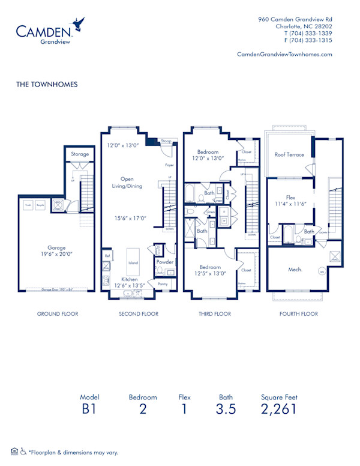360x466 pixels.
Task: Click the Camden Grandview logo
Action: pyautogui.click(x=48, y=33)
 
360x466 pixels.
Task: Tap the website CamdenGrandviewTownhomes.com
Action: pyautogui.click(x=284, y=54)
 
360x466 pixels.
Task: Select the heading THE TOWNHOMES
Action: pyautogui.click(x=47, y=85)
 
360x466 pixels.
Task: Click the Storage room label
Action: pyautogui.click(x=80, y=154)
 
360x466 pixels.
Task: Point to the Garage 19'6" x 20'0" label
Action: pyautogui.click(x=57, y=250)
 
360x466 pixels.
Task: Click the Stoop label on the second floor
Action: pyautogui.click(x=166, y=142)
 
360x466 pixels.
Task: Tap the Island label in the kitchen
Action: pyautogui.click(x=133, y=263)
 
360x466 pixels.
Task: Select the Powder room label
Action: pyautogui.click(x=164, y=262)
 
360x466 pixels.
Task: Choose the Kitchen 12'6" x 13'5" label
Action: pyautogui.click(x=129, y=282)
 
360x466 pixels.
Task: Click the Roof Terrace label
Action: pyautogui.click(x=289, y=154)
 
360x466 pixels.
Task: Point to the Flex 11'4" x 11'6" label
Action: pyautogui.click(x=290, y=200)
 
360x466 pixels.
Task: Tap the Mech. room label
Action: pyautogui.click(x=294, y=270)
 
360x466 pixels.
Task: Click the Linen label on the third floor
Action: pyautogui.click(x=211, y=212)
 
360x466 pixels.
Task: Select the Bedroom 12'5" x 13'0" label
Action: pyautogui.click(x=209, y=270)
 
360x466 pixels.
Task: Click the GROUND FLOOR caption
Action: pyautogui.click(x=58, y=313)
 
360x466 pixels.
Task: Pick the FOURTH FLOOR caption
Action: pyautogui.click(x=298, y=313)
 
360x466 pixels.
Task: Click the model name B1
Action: pyautogui.click(x=89, y=410)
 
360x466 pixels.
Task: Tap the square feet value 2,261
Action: pyautogui.click(x=279, y=410)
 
